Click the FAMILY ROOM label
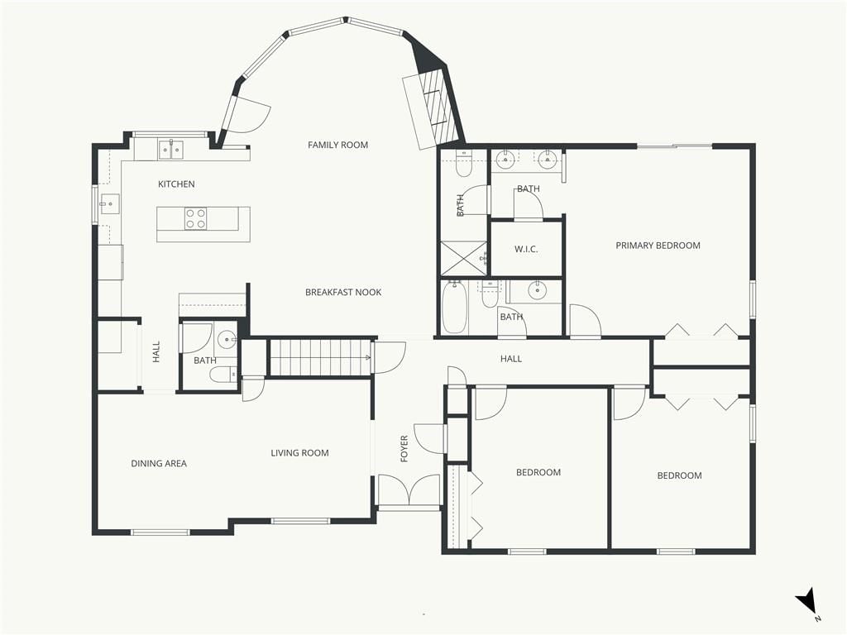click(337, 145)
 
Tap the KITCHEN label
click(176, 184)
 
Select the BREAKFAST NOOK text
click(343, 292)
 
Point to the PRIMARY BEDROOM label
click(658, 245)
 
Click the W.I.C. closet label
click(525, 249)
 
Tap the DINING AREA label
click(159, 463)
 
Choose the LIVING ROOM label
click(299, 453)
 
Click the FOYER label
click(404, 449)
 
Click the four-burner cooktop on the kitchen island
click(195, 218)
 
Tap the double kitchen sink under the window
click(170, 150)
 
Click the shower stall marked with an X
click(464, 259)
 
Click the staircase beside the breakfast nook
click(321, 357)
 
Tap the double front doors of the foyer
click(409, 490)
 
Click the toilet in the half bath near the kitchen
click(223, 374)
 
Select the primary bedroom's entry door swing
click(586, 321)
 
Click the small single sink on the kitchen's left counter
click(110, 204)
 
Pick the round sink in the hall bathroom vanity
click(537, 290)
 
